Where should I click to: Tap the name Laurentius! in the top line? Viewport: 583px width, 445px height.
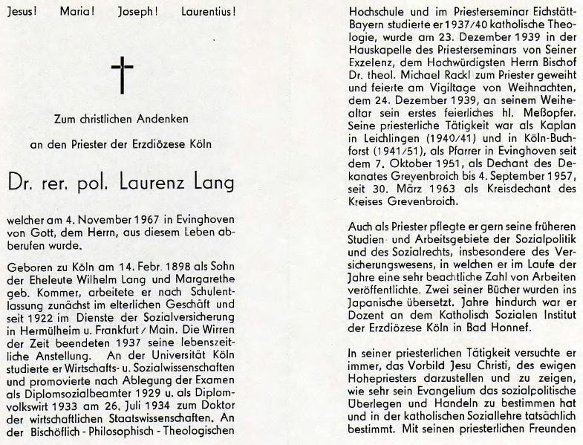click(x=206, y=13)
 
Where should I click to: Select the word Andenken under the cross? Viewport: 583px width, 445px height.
click(x=160, y=119)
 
